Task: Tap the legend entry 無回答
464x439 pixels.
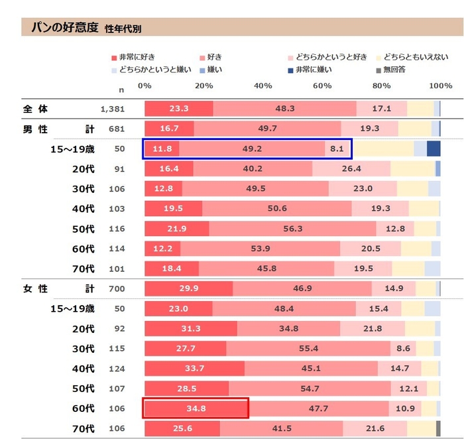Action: tap(393, 69)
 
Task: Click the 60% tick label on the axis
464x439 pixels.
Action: tap(322, 86)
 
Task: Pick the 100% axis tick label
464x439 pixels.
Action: tap(440, 86)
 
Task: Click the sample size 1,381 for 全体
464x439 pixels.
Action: tap(112, 109)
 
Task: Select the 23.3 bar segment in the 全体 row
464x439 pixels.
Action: tap(179, 109)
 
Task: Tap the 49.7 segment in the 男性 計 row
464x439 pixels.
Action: tap(268, 129)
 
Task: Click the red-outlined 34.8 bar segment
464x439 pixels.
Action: tap(196, 408)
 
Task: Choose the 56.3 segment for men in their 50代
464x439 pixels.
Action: tap(292, 229)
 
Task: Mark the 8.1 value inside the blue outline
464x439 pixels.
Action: tap(337, 149)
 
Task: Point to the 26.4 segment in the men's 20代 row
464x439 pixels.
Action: tap(351, 169)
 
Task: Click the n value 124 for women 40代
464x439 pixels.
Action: tap(117, 368)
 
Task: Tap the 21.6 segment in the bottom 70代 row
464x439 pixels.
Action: tap(375, 428)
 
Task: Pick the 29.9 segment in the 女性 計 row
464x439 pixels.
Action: tap(188, 288)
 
